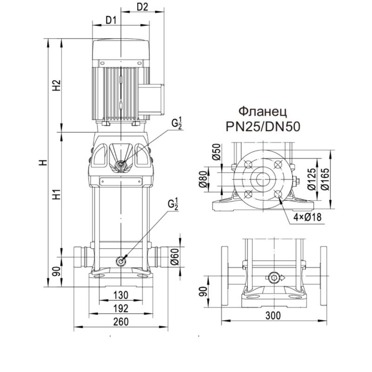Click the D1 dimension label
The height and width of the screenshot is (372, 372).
click(x=111, y=20)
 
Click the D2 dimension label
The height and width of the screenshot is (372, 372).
click(x=143, y=7)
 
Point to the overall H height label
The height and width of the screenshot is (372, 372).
click(x=43, y=163)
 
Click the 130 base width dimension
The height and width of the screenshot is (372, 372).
click(x=121, y=295)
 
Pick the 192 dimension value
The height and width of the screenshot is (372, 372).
click(x=121, y=308)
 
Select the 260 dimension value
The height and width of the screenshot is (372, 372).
click(x=121, y=322)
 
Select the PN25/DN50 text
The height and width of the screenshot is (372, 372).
click(x=263, y=126)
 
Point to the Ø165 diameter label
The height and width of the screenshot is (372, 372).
click(x=325, y=177)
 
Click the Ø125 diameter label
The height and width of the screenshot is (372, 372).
click(x=312, y=177)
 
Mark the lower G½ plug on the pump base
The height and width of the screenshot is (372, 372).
click(x=121, y=261)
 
